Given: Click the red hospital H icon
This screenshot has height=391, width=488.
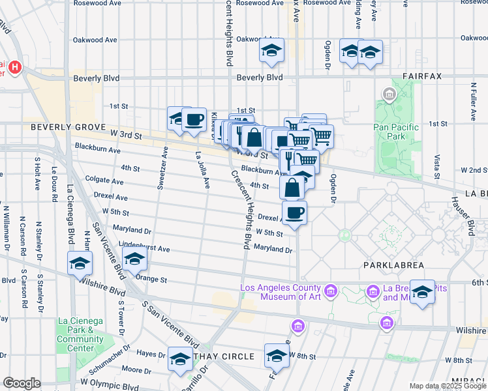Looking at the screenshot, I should [x=15, y=66].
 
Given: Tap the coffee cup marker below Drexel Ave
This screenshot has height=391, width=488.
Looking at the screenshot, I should [x=295, y=213].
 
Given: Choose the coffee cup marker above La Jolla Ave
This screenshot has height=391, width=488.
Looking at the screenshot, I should [x=194, y=120].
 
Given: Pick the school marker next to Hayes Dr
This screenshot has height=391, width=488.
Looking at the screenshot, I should [x=181, y=359].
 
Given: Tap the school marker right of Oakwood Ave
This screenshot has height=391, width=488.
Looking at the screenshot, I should [x=271, y=50].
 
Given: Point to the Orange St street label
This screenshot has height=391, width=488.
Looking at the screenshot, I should [x=153, y=280].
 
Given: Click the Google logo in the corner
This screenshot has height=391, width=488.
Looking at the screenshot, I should [x=22, y=383].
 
